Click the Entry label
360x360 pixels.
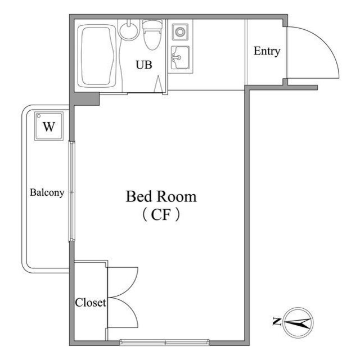pos(267,51)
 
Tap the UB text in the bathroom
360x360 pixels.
pos(144,65)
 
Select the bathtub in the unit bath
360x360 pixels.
pos(97,56)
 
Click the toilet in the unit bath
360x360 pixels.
pos(152,35)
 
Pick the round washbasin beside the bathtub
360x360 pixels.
pos(129,31)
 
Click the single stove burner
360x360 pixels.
pos(180,31)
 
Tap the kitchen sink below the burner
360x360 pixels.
pos(180,57)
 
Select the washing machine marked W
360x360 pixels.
pos(49,126)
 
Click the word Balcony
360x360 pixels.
pos(47,192)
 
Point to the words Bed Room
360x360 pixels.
pos(161,196)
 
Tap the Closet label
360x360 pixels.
pos(91,303)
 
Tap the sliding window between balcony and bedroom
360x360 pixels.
pos(72,191)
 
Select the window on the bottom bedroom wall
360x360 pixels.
pos(165,343)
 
